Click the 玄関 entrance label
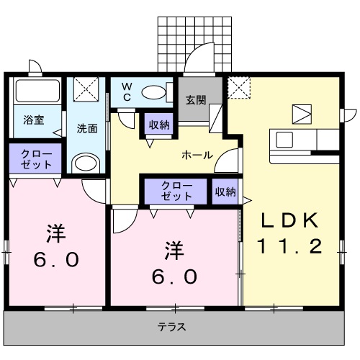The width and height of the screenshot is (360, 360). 196,100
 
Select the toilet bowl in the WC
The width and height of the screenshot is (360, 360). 153,92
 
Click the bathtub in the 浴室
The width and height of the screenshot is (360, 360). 37,91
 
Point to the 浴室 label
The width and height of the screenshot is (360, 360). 34,120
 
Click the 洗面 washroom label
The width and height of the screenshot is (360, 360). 87,129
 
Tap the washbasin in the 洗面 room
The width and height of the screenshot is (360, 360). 86,163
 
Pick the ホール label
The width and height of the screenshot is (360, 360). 197,156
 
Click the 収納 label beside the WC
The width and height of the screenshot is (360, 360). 159,125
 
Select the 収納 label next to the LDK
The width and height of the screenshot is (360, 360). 225,192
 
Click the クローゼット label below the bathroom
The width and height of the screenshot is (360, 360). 36,159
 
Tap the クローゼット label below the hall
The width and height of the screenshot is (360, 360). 176,191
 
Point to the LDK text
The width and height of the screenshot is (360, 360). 290,220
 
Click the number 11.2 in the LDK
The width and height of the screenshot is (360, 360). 289,246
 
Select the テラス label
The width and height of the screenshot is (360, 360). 171,327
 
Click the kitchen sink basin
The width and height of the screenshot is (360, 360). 284,140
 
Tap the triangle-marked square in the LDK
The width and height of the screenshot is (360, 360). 302,114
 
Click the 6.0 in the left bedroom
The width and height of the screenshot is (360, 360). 56,260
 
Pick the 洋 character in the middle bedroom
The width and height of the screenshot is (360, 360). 174,251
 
